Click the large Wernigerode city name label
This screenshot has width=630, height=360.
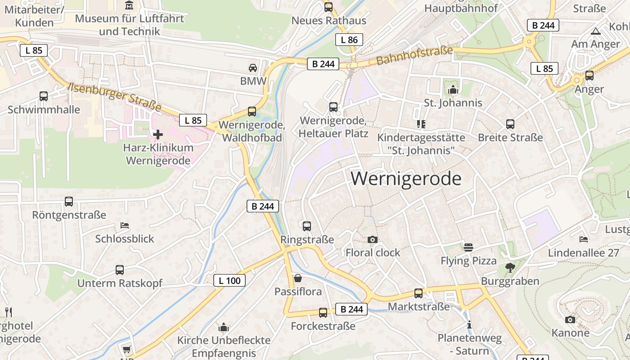tap(406, 179)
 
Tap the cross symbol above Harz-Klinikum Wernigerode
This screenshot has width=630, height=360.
tap(158, 134)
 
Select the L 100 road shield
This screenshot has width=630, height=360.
tap(229, 281)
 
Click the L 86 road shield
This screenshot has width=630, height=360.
tap(349, 40)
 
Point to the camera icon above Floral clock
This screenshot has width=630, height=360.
tap(372, 239)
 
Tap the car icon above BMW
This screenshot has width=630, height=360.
tap(253, 68)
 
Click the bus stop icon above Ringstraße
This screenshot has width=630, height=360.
tap(307, 226)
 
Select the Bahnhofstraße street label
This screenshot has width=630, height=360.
tap(414, 55)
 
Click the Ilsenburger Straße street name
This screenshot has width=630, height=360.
tap(115, 96)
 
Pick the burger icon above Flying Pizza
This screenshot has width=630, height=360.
tap(468, 247)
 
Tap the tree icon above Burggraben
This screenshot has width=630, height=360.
tap(510, 268)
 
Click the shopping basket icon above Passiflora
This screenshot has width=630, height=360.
tap(298, 278)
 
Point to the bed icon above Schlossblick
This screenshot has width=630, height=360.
tap(125, 225)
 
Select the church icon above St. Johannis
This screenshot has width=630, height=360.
tap(453, 90)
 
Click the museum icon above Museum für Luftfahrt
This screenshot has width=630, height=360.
tap(130, 5)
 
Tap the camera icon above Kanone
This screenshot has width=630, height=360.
tap(570, 319)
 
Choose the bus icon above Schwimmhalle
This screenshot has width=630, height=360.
tap(44, 96)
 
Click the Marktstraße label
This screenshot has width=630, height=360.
tap(418, 306)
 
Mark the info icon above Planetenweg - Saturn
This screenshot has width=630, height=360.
tap(469, 324)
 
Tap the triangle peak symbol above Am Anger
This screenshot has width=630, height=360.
tap(596, 31)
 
